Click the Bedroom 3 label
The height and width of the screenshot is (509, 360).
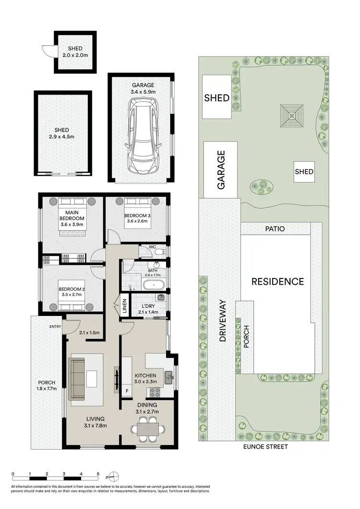[137, 219]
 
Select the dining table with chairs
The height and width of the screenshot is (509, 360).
[147, 427]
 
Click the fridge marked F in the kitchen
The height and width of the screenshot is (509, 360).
[127, 391]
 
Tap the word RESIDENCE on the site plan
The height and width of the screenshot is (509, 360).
[278, 281]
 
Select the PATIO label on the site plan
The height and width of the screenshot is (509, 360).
[275, 229]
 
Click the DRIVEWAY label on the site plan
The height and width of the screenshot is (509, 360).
[223, 322]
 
